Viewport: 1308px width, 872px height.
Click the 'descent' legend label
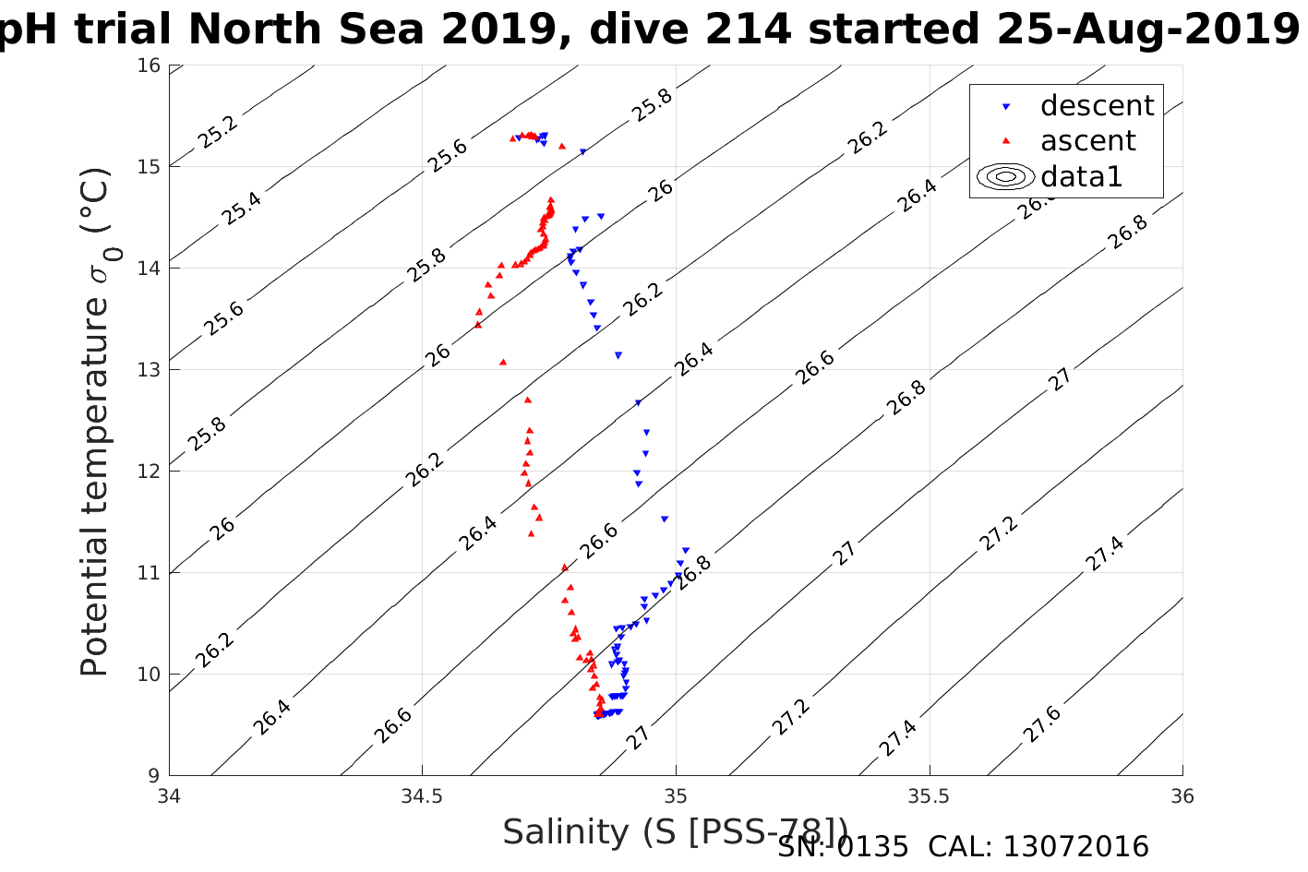(1097, 106)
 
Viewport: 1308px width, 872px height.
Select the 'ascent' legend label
(1087, 141)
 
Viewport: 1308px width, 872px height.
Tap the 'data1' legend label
(1081, 176)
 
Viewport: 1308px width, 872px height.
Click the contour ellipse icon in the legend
(1006, 176)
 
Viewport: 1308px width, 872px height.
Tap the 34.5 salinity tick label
(423, 796)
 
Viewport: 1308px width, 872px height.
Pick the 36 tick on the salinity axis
(1182, 796)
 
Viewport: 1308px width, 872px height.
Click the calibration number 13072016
(1075, 847)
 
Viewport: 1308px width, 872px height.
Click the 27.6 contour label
(1041, 724)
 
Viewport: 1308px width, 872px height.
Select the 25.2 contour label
(217, 132)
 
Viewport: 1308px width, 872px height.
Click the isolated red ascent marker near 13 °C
(503, 362)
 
